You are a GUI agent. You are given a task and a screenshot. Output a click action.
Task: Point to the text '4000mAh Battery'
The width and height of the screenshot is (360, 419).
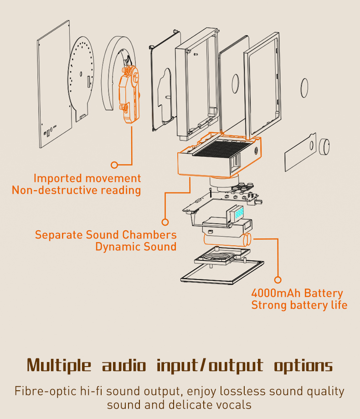(297, 293)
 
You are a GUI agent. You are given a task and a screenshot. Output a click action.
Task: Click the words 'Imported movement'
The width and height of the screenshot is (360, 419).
(87, 178)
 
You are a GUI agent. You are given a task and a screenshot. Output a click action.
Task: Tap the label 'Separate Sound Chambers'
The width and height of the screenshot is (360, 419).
(106, 235)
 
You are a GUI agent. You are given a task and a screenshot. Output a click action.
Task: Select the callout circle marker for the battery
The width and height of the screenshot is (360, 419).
(278, 280)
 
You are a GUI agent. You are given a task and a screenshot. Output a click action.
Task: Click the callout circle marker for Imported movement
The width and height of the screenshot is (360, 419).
(114, 165)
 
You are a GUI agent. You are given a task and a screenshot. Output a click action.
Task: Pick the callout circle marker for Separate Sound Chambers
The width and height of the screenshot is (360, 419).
(165, 222)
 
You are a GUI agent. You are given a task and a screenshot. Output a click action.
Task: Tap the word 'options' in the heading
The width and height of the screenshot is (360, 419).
(303, 366)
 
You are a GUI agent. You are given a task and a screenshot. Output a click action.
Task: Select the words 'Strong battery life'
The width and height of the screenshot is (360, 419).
(299, 305)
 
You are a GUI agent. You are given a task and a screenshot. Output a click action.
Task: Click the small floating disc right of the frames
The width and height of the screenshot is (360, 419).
(304, 87)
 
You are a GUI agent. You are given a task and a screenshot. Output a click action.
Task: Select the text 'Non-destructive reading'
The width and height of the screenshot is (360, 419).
(77, 190)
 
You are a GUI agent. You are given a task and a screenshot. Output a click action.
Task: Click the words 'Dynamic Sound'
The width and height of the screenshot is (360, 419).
(136, 247)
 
